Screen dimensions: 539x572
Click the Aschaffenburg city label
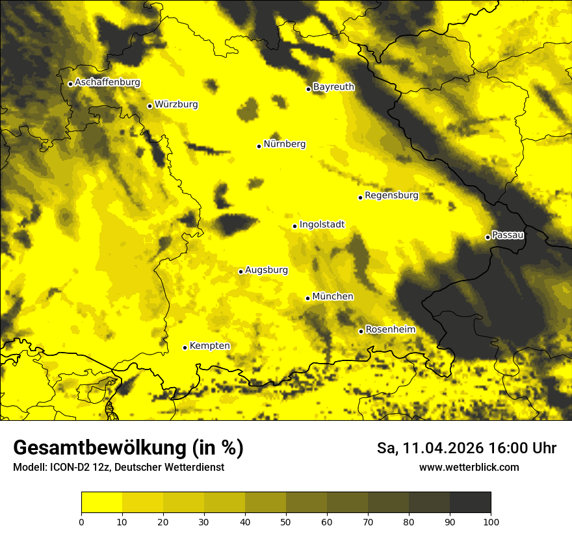pyautogui.click(x=107, y=82)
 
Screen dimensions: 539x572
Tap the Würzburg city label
pyautogui.click(x=176, y=105)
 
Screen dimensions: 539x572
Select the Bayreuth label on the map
pyautogui.click(x=333, y=87)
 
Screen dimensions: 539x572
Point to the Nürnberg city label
pyautogui.click(x=285, y=144)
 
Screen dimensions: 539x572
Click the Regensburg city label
pyautogui.click(x=391, y=195)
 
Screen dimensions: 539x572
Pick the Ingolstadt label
pyautogui.click(x=322, y=225)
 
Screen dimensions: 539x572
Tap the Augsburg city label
pyautogui.click(x=266, y=270)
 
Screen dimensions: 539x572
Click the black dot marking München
pyautogui.click(x=307, y=298)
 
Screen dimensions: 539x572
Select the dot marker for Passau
pyautogui.click(x=487, y=237)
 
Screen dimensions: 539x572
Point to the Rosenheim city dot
pyautogui.click(x=361, y=331)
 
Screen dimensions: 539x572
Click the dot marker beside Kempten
pyautogui.click(x=185, y=347)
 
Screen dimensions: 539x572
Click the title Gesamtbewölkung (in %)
pyautogui.click(x=128, y=448)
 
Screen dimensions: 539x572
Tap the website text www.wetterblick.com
pyautogui.click(x=469, y=468)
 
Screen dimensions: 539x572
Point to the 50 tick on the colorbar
pyautogui.click(x=286, y=521)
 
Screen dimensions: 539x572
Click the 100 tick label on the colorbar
pyautogui.click(x=491, y=521)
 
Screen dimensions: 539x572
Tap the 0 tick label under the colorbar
pyautogui.click(x=81, y=521)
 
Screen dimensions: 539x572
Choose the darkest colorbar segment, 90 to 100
pyautogui.click(x=470, y=503)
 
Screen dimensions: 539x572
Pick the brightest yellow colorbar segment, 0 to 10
pyautogui.click(x=101, y=503)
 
